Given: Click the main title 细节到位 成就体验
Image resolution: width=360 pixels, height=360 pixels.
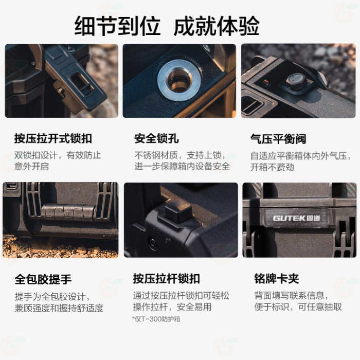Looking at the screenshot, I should point(167,26).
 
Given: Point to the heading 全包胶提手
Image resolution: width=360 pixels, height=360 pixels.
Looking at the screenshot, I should point(43,279).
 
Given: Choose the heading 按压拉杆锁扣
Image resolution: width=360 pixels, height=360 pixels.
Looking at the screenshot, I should point(167,279).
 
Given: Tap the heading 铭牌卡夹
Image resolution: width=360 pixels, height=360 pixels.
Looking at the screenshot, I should point(276,279).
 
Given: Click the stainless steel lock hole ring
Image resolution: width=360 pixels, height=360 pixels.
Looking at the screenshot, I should point(179,80).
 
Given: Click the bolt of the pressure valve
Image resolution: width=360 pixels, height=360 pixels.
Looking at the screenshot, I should point(296,80).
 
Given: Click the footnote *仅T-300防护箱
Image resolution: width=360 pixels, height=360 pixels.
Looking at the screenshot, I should point(156,319).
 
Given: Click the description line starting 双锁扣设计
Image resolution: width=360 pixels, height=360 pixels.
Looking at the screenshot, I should point(58,155).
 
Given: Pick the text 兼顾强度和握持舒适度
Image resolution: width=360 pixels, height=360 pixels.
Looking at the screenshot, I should point(59,308).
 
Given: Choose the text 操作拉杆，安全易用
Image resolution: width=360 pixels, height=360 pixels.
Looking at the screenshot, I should point(172,307).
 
